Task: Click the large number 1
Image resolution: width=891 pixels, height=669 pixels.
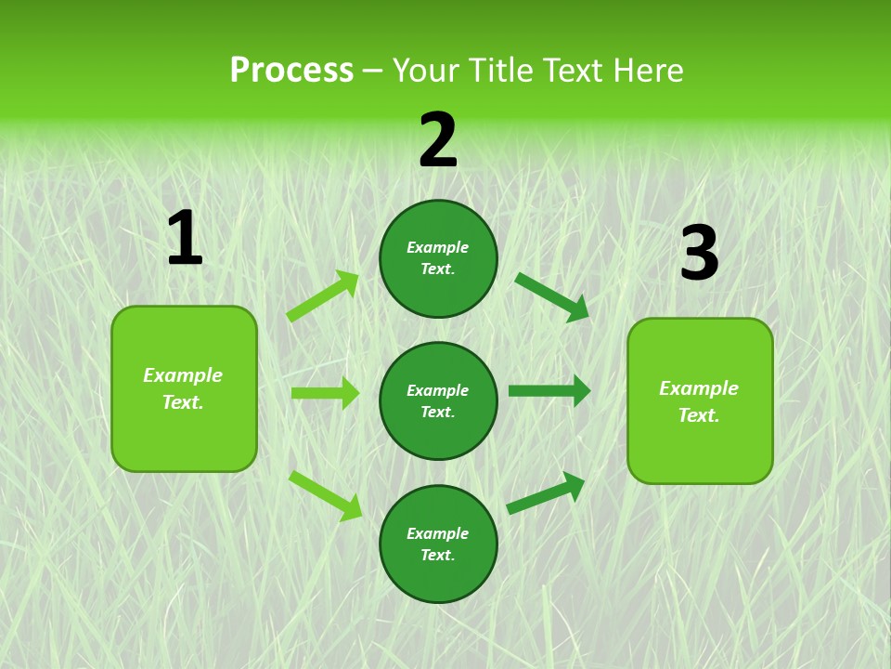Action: (x=185, y=239)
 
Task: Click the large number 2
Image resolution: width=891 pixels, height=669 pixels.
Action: (x=438, y=141)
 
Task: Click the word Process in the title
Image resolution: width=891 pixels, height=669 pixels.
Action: (x=291, y=71)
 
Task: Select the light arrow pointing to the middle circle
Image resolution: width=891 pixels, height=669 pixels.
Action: (x=325, y=393)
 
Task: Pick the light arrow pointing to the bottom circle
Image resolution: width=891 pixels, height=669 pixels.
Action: (x=325, y=494)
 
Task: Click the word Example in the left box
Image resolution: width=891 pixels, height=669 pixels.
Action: (x=183, y=375)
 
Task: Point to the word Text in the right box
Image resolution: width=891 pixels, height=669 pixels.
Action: (x=698, y=415)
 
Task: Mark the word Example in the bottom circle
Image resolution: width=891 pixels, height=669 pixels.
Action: (x=438, y=533)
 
